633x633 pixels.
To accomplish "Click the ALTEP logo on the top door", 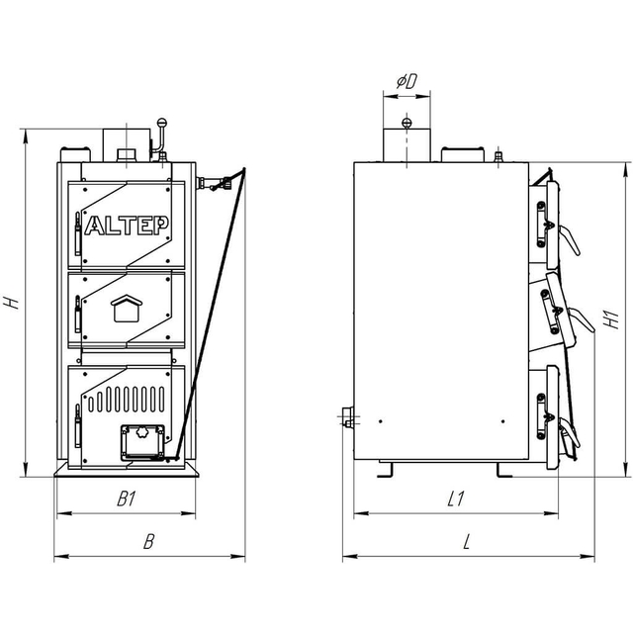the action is pyautogui.click(x=127, y=226).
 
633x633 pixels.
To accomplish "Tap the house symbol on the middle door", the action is pyautogui.click(x=127, y=309).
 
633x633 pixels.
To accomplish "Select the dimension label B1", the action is pyautogui.click(x=127, y=498).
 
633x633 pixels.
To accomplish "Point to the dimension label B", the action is pyautogui.click(x=149, y=542).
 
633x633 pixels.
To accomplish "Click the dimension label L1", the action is pyautogui.click(x=456, y=498).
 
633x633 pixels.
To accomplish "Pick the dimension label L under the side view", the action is pyautogui.click(x=467, y=542).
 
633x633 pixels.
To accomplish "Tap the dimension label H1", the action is pyautogui.click(x=612, y=319).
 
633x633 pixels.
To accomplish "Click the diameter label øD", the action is pyautogui.click(x=407, y=81).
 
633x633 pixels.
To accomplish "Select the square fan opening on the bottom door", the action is pyautogui.click(x=142, y=442).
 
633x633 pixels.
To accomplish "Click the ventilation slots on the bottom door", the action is pyautogui.click(x=127, y=400).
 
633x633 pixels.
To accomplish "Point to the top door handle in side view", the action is pyautogui.click(x=570, y=240).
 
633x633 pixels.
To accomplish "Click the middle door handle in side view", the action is pyautogui.click(x=582, y=318).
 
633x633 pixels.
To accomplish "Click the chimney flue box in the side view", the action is pyautogui.click(x=407, y=145).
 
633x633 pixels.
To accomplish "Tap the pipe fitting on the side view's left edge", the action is pyautogui.click(x=347, y=417).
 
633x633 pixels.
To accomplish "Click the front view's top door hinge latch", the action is pyautogui.click(x=78, y=234).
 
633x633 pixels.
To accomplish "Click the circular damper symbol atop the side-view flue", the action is pyautogui.click(x=407, y=123).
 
